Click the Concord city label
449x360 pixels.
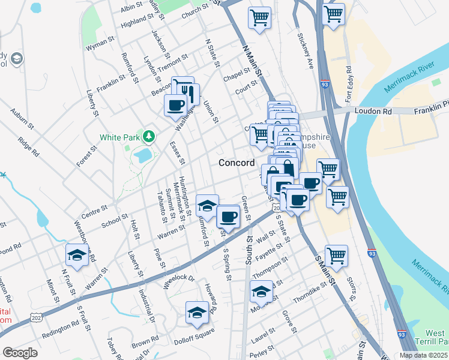click(236, 163)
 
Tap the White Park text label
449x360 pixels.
click(118, 137)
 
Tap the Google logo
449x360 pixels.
click(20, 353)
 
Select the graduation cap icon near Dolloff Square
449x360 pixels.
click(197, 313)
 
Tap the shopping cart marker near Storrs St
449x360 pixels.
click(337, 256)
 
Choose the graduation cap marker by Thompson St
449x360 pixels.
click(261, 292)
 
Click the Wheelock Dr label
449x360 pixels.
click(179, 279)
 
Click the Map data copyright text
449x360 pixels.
click(423, 355)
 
